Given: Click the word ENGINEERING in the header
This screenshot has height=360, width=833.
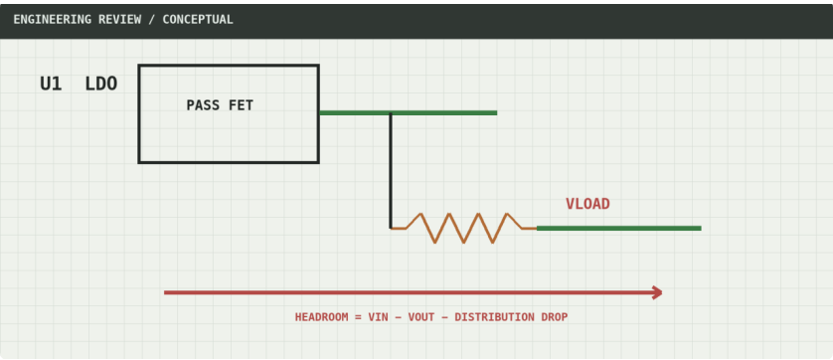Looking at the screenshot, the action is click(52, 20).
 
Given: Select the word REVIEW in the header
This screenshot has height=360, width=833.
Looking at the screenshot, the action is click(119, 20).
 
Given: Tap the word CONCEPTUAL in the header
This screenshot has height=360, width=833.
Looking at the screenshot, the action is click(198, 20).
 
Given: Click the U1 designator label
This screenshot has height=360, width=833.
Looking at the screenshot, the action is click(51, 84).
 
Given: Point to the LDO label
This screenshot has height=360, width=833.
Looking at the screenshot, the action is click(101, 84).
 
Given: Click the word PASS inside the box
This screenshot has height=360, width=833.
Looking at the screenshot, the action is click(203, 105).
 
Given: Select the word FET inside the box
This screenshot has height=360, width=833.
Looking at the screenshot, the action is click(241, 105).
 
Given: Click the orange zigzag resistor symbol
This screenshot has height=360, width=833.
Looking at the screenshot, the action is click(464, 228).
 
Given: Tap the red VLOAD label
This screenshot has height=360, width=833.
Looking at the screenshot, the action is click(587, 204).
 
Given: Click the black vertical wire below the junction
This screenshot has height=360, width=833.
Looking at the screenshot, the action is click(391, 171).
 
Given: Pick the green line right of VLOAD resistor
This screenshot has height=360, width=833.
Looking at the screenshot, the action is click(619, 228).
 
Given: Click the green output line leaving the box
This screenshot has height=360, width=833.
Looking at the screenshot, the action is click(408, 112).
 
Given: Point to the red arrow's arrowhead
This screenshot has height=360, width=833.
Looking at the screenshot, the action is click(658, 292).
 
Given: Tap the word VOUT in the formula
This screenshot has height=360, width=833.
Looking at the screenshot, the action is click(421, 317).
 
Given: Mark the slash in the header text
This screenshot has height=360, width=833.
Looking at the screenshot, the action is click(152, 20).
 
